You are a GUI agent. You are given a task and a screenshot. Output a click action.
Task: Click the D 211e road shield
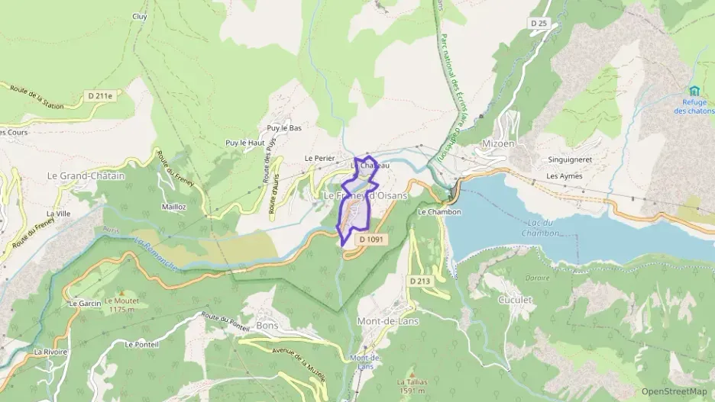(100, 96)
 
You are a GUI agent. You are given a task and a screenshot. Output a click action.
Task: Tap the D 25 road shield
(539, 24)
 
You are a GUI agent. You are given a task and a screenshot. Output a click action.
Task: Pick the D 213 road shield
(420, 281)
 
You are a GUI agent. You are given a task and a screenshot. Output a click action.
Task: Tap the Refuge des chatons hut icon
(694, 91)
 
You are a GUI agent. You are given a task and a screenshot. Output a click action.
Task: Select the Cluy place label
(139, 16)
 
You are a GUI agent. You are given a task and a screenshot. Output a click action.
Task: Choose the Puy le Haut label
(244, 143)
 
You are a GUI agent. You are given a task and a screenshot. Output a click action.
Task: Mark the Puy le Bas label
(284, 128)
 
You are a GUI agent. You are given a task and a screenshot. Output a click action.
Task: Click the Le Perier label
(319, 158)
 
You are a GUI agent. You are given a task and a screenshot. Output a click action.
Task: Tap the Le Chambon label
(439, 212)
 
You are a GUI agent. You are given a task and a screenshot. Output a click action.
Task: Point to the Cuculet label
(515, 300)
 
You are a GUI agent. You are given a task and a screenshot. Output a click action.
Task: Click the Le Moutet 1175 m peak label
(121, 305)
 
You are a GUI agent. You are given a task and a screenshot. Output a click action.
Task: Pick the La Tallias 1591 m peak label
(411, 385)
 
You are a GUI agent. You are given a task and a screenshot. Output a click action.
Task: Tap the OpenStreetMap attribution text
(674, 392)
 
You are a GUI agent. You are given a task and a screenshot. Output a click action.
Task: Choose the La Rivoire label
(50, 352)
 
